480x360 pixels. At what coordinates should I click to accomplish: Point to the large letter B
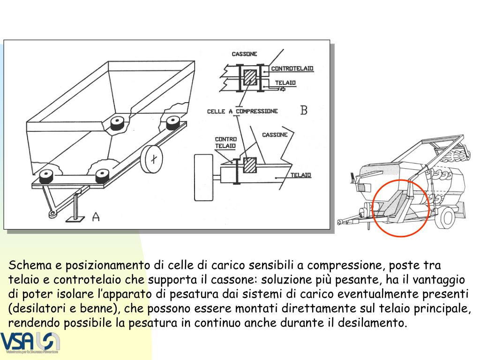pyautogui.click(x=304, y=110)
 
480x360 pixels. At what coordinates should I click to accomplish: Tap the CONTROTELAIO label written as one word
pyautogui.click(x=292, y=68)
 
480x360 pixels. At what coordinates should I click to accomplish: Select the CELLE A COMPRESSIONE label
pyautogui.click(x=242, y=111)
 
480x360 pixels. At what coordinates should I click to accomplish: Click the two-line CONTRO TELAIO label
pyautogui.click(x=225, y=142)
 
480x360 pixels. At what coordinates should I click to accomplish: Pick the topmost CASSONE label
pyautogui.click(x=244, y=54)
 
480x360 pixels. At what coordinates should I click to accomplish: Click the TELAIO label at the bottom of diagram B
pyautogui.click(x=301, y=175)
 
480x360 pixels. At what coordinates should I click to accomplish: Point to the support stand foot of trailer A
pyautogui.click(x=75, y=218)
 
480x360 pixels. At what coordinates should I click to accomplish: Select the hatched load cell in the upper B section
pyautogui.click(x=250, y=77)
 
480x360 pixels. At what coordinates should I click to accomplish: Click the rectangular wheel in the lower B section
pyautogui.click(x=204, y=177)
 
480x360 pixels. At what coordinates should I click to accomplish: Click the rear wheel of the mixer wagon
pyautogui.click(x=448, y=216)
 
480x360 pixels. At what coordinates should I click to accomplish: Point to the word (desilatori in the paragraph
pyautogui.click(x=36, y=309)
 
